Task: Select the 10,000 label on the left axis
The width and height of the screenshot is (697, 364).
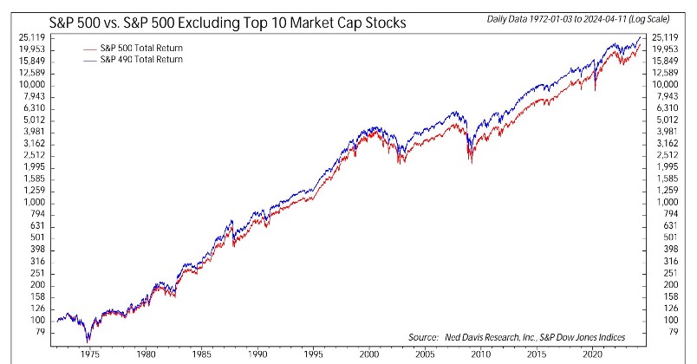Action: point(31,85)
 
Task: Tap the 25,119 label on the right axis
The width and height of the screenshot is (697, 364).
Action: point(666,37)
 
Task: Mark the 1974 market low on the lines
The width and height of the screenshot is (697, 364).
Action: point(88,340)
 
